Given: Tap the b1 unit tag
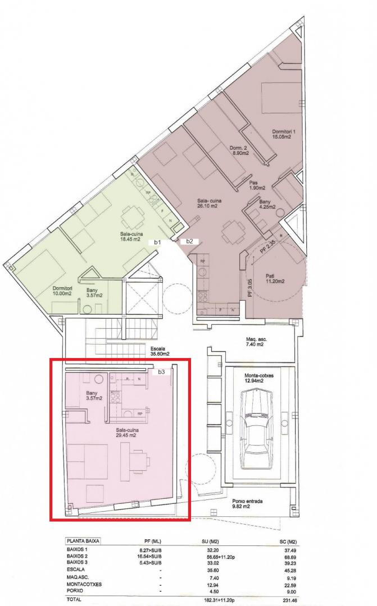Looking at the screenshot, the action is pos(157,242).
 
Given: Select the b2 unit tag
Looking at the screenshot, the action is pos(189,241).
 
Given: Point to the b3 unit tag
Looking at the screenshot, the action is pos(162,372).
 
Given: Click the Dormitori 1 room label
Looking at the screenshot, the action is pos(281,134).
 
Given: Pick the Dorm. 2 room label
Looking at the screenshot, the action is pos(239,150).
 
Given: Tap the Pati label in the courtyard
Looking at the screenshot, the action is pos(275,279).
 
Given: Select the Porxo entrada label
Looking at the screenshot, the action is pos(247,503).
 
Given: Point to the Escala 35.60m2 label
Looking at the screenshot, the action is pos(160,351).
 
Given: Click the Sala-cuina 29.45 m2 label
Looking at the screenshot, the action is pos(128,433).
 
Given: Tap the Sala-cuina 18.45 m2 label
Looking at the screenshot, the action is pos(132,236).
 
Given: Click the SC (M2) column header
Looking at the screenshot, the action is pos(288,542).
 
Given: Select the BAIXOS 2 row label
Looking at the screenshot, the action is pos(78,555).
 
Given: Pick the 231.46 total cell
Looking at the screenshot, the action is pos(289,600).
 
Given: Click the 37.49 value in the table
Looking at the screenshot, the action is pos(290,550).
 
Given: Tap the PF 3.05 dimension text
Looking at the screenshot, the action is pos(249,288).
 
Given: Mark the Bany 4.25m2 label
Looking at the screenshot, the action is pos(267,204).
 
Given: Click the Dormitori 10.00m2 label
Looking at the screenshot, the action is pos(62,291).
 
